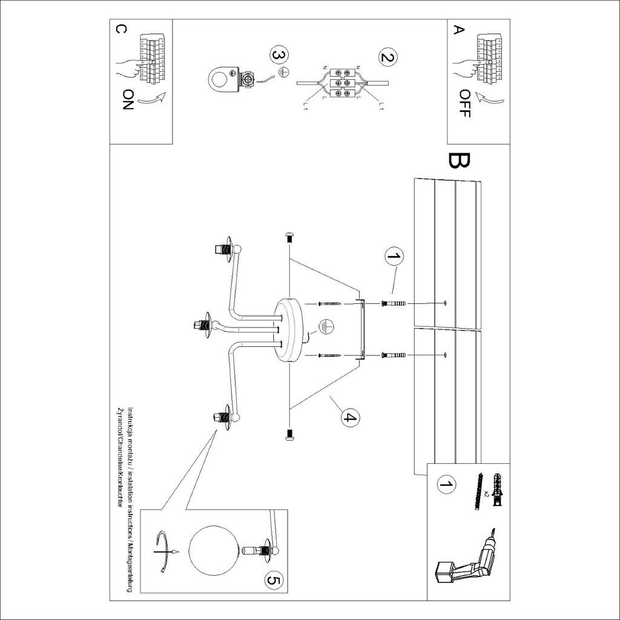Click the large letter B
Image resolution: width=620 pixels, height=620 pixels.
click(x=459, y=160)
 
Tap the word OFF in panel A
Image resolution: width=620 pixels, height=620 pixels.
click(x=464, y=104)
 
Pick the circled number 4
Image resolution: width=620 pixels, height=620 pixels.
click(x=349, y=417)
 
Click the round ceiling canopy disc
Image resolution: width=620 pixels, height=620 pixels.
click(x=289, y=330)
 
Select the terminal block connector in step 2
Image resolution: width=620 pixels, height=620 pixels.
click(x=342, y=81)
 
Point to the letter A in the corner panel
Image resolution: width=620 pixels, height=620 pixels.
click(x=460, y=30)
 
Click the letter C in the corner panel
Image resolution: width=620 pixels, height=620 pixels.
click(x=121, y=30)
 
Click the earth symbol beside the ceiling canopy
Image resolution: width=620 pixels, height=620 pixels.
click(x=326, y=326)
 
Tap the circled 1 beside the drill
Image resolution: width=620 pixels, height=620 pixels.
click(x=447, y=484)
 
